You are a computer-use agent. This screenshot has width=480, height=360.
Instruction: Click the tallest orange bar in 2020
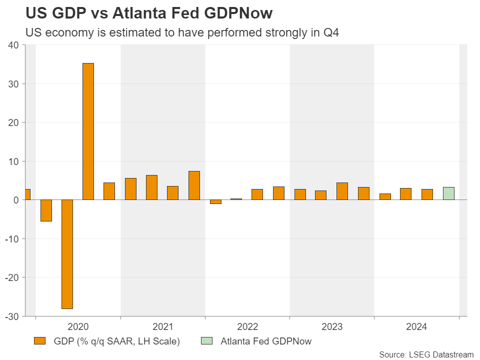pos(88,131)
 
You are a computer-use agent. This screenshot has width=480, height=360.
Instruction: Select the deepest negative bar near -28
pos(67,254)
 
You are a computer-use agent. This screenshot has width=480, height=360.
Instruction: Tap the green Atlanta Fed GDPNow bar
pos(448,193)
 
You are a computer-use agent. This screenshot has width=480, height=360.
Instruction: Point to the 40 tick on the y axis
pos(13,45)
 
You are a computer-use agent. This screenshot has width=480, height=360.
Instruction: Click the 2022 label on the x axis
pos(247,327)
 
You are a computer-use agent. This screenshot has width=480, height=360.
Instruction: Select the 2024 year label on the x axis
pos(416,327)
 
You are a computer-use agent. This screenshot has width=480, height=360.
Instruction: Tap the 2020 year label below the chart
pos(78,327)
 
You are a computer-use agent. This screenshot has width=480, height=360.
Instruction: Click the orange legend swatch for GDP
pos(39,341)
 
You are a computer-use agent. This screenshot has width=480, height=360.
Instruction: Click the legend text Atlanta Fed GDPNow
pos(266,341)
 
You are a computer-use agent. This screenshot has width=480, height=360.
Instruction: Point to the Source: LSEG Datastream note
pos(426,354)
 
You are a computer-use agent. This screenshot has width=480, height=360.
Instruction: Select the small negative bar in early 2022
pos(215,202)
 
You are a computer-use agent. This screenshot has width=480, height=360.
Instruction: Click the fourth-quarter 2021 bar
pos(194,185)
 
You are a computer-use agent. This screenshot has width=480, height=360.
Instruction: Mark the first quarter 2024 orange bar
pos(385,196)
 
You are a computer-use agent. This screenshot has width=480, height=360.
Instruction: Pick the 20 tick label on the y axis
pos(13,122)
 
